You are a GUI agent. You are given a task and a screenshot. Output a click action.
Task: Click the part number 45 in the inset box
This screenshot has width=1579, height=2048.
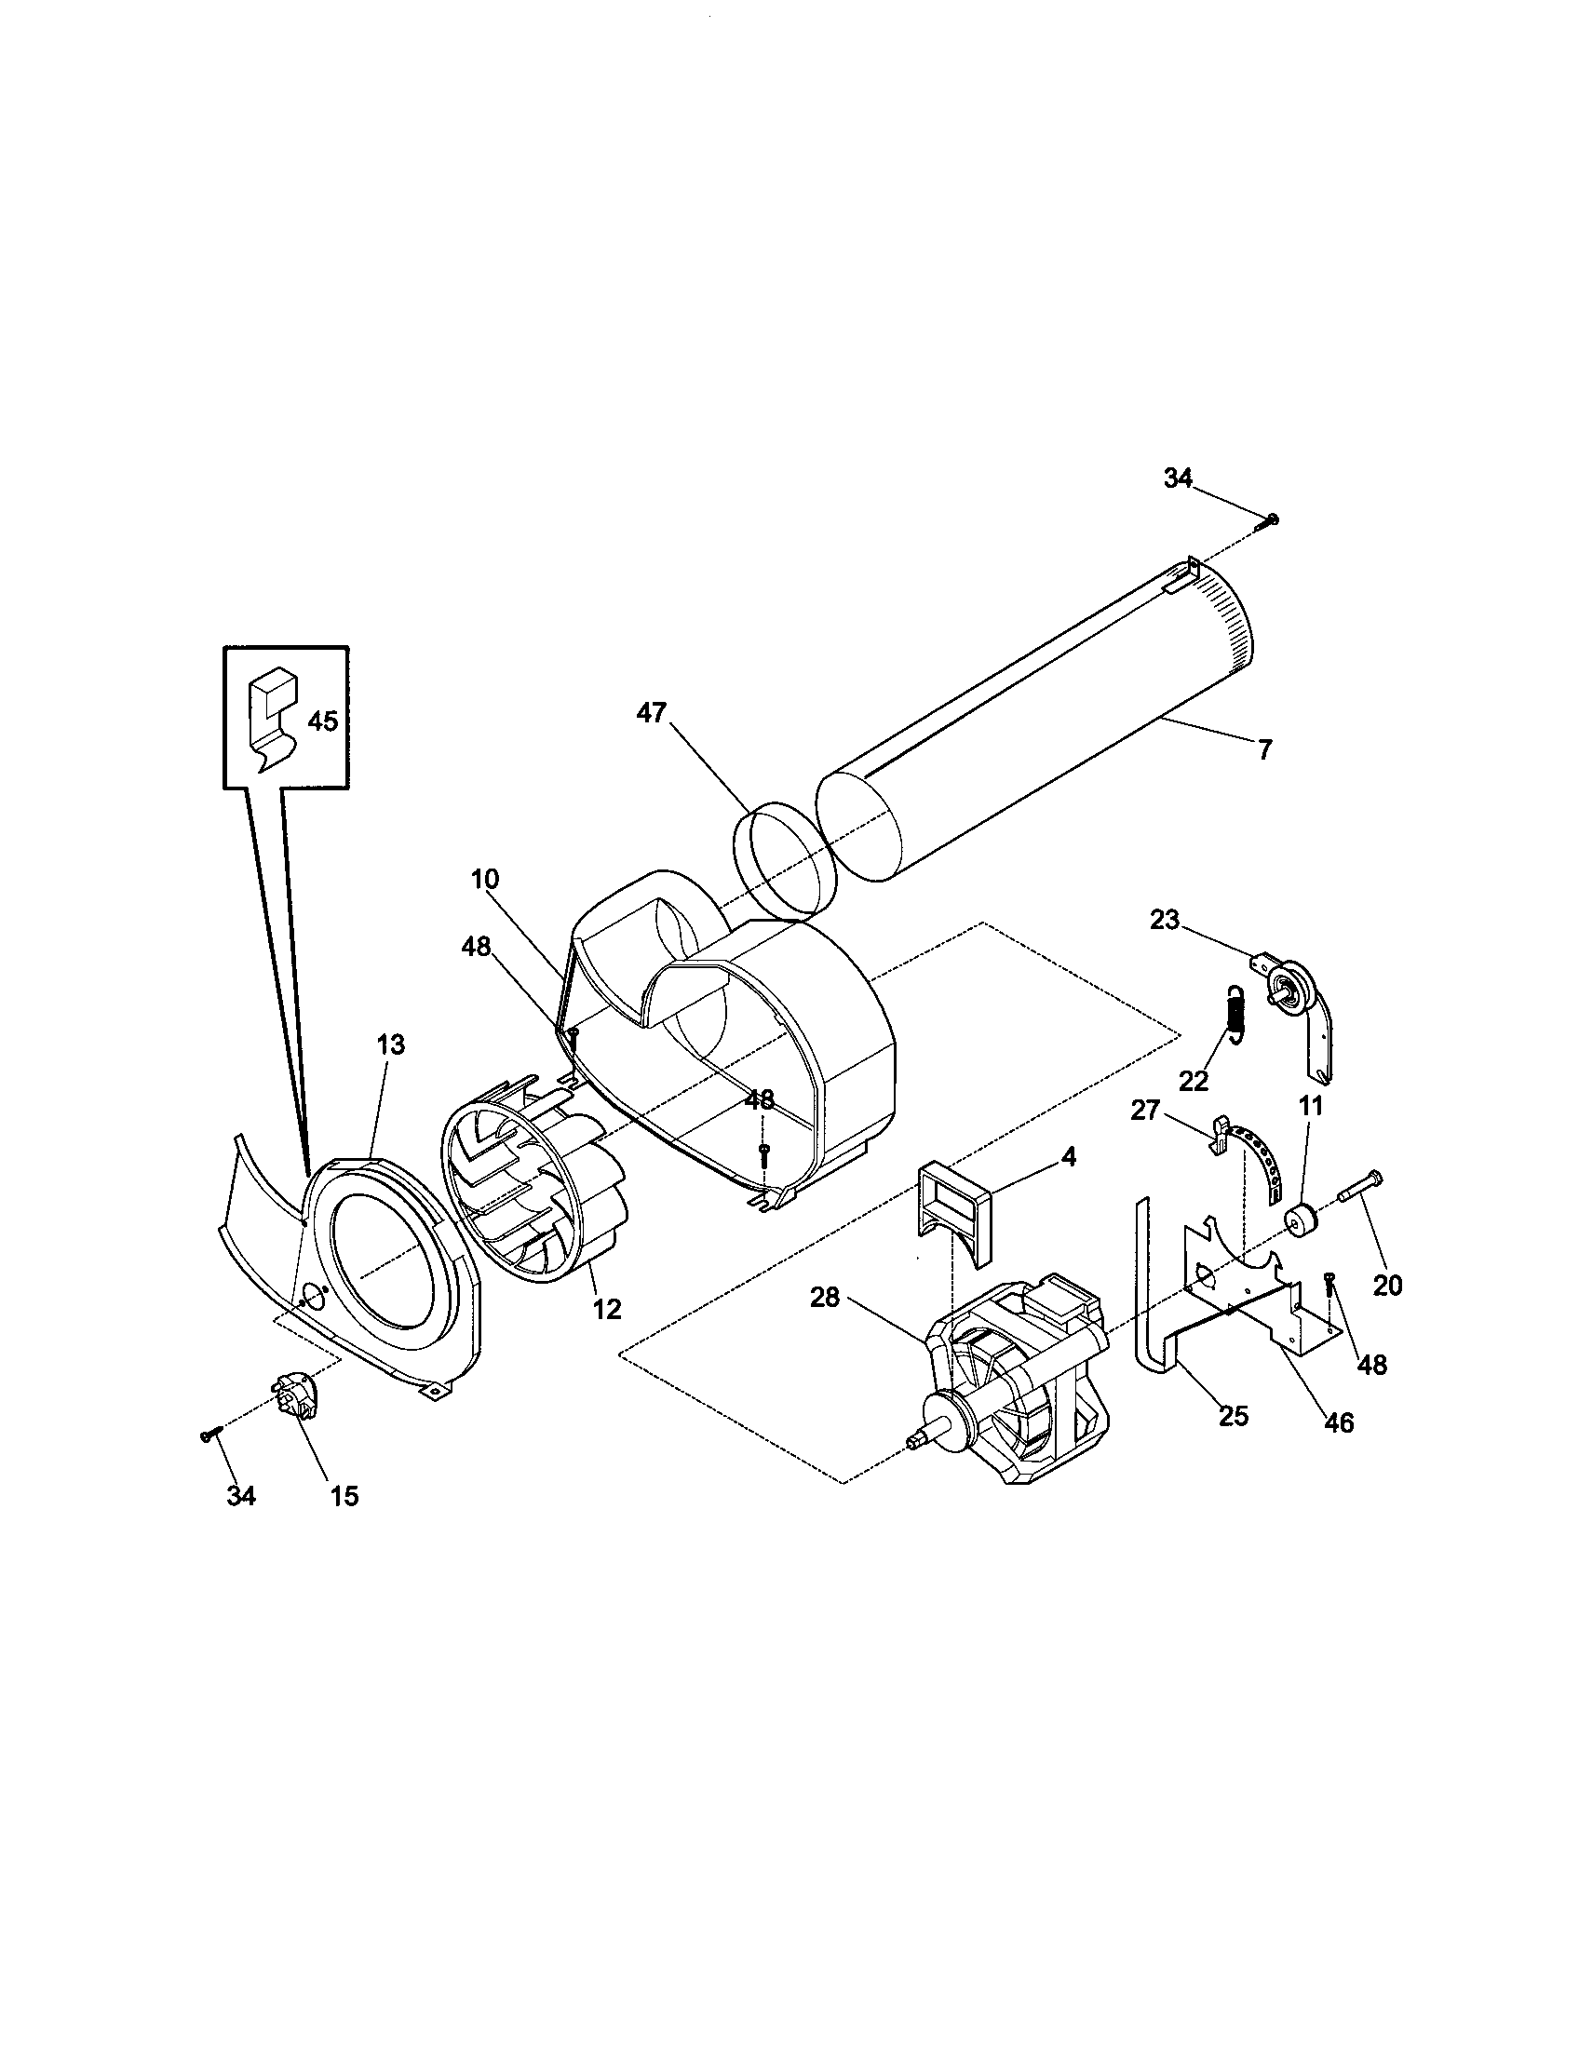pyautogui.click(x=322, y=722)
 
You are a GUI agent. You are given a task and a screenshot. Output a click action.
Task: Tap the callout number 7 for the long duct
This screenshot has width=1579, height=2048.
pyautogui.click(x=1265, y=749)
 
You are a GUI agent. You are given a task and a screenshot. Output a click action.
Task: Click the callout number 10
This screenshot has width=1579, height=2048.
pyautogui.click(x=485, y=880)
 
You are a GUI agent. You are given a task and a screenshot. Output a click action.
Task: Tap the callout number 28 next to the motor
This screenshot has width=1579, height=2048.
pyautogui.click(x=825, y=1299)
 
